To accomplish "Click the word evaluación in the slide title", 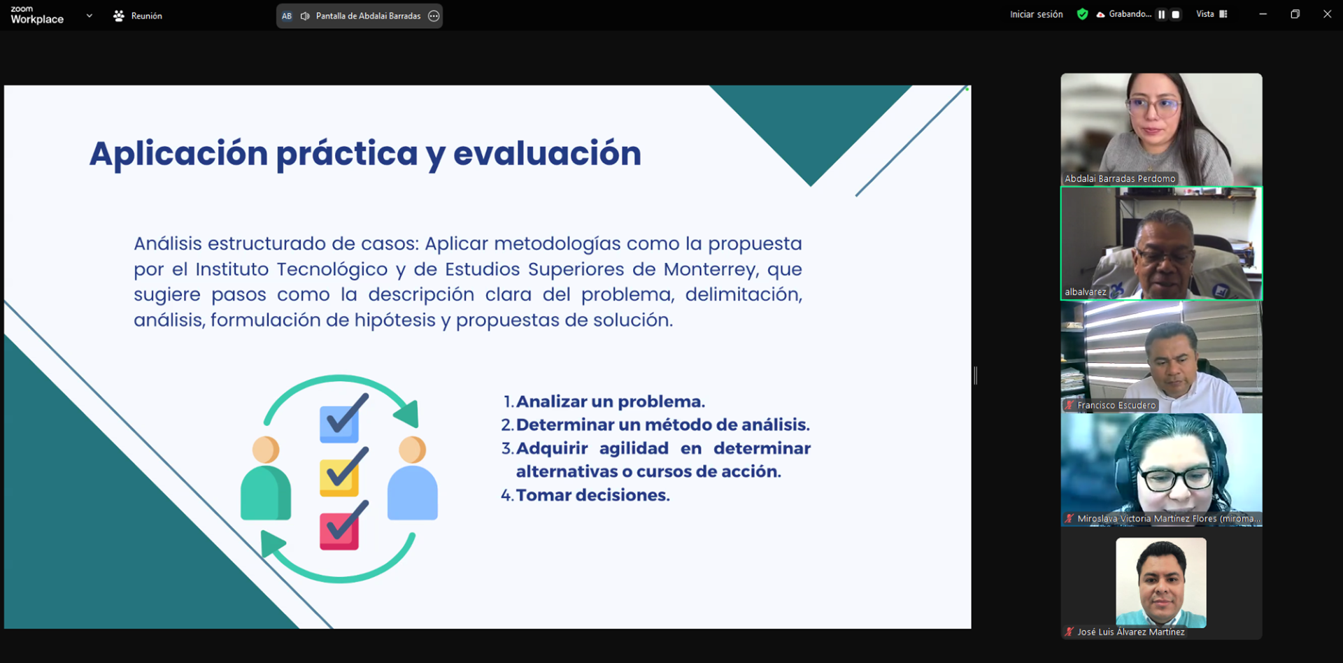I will coord(547,153).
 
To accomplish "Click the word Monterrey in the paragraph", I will coord(710,269).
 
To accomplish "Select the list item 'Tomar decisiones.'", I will coord(592,495).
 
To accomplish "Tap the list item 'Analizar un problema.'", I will coord(610,401).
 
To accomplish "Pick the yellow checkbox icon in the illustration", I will coord(340,476).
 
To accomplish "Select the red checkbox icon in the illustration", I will coord(340,530).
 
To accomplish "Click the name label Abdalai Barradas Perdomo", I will coord(1119,179).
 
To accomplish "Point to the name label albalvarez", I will coord(1085,292).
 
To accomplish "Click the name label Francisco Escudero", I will coord(1116,406).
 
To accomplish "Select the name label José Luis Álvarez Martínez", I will coord(1130,632).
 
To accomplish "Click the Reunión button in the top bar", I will coord(138,15).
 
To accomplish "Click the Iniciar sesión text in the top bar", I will coord(1036,14).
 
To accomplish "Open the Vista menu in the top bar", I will coord(1211,14).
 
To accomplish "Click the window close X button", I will coord(1327,14).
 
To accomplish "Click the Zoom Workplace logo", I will coord(37,15).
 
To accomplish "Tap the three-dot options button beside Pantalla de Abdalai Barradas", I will coord(434,15).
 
